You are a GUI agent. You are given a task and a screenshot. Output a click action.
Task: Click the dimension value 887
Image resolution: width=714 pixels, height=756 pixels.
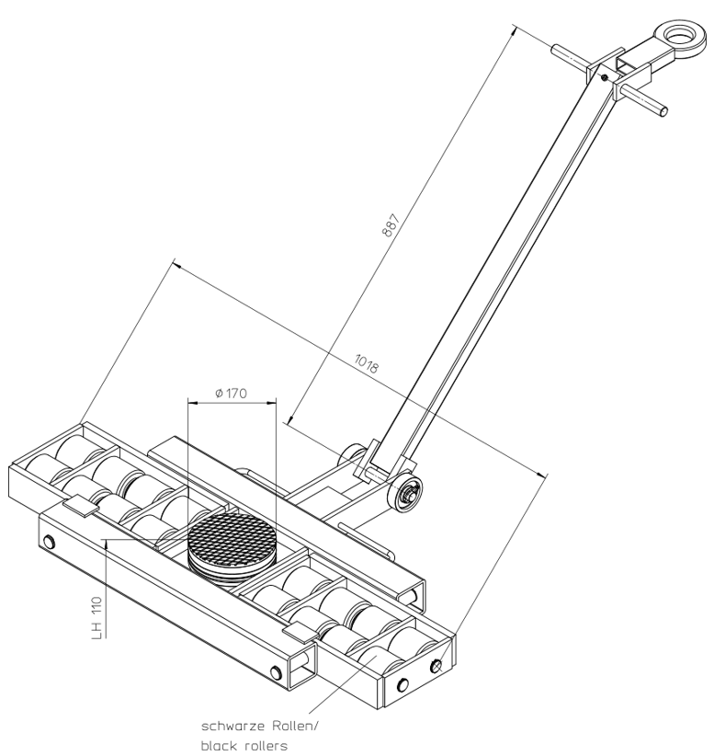pos(391,224)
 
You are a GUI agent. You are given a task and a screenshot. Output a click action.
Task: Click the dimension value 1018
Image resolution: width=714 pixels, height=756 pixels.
pos(367,363)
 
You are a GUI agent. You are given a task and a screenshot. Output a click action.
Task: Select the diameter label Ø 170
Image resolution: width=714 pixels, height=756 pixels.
pos(232,394)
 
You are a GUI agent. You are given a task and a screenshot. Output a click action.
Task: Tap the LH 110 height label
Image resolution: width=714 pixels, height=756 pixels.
pos(97,619)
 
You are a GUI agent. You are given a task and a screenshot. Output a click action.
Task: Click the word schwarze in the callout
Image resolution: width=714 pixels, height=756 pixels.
pos(232,726)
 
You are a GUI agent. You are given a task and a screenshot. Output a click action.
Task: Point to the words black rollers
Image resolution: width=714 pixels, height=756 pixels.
pos(244,746)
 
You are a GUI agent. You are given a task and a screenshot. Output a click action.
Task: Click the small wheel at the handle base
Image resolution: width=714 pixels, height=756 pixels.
pos(405,494)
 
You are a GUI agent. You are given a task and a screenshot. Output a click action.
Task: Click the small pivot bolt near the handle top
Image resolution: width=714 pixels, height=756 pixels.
pos(604,77)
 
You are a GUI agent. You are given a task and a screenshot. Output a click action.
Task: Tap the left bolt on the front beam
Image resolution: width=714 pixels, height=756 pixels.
pos(48,543)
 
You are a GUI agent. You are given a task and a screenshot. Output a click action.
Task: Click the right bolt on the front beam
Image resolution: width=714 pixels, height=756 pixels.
pos(276,671)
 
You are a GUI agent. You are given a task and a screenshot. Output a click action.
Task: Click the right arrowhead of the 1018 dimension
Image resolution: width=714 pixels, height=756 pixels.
pos(542,474)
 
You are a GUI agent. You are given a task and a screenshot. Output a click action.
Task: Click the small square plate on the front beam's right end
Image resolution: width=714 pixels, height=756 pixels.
pos(300,633)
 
